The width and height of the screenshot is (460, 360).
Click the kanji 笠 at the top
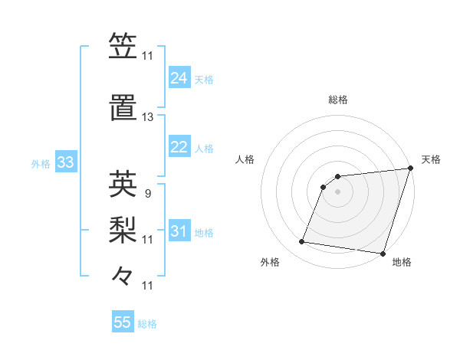(x=123, y=46)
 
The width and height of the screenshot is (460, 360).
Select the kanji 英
(x=123, y=183)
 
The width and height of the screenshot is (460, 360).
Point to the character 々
(x=123, y=275)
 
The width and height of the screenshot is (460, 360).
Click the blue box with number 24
(x=179, y=78)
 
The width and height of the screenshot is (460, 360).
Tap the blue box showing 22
(x=179, y=147)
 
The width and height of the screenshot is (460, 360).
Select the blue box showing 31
(x=179, y=231)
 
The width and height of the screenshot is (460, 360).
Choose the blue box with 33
(x=64, y=162)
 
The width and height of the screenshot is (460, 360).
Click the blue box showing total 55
(x=123, y=322)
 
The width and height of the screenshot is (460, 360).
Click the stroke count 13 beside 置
(x=147, y=117)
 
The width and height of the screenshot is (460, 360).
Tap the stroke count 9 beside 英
(x=147, y=193)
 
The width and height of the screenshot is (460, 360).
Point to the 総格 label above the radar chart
(x=337, y=100)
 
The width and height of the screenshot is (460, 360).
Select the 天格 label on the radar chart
(x=431, y=159)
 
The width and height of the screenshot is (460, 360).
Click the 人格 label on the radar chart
(x=245, y=159)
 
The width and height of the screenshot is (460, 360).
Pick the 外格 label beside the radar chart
(x=270, y=262)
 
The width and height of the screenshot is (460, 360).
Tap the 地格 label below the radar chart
(x=402, y=262)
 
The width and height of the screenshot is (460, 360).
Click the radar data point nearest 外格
(x=302, y=242)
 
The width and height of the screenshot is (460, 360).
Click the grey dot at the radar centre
(x=337, y=192)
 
